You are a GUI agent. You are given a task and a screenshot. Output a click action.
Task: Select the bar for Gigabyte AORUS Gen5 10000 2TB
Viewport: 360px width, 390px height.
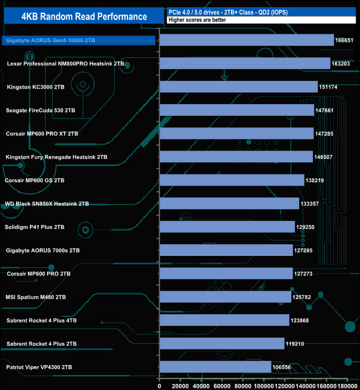(x=246, y=40)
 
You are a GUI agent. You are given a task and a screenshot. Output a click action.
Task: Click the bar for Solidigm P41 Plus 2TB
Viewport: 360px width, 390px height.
(x=227, y=227)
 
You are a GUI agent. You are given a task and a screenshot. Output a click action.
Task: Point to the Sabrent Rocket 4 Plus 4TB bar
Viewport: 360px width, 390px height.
(x=224, y=320)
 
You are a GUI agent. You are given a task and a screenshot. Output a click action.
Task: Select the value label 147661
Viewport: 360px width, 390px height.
(x=326, y=110)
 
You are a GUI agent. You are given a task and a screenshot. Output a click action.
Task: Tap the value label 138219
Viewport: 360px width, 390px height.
(x=316, y=181)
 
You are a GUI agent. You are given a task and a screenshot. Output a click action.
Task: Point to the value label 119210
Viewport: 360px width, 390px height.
(x=296, y=343)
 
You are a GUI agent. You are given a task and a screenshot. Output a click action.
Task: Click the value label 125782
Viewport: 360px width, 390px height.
(x=303, y=297)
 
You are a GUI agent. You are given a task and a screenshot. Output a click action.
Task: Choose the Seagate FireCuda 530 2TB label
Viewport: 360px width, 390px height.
(x=40, y=110)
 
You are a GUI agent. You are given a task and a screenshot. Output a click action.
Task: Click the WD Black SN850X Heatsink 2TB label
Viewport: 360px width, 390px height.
(x=47, y=204)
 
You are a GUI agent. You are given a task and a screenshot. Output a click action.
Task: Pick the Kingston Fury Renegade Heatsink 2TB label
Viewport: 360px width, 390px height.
(x=56, y=157)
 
